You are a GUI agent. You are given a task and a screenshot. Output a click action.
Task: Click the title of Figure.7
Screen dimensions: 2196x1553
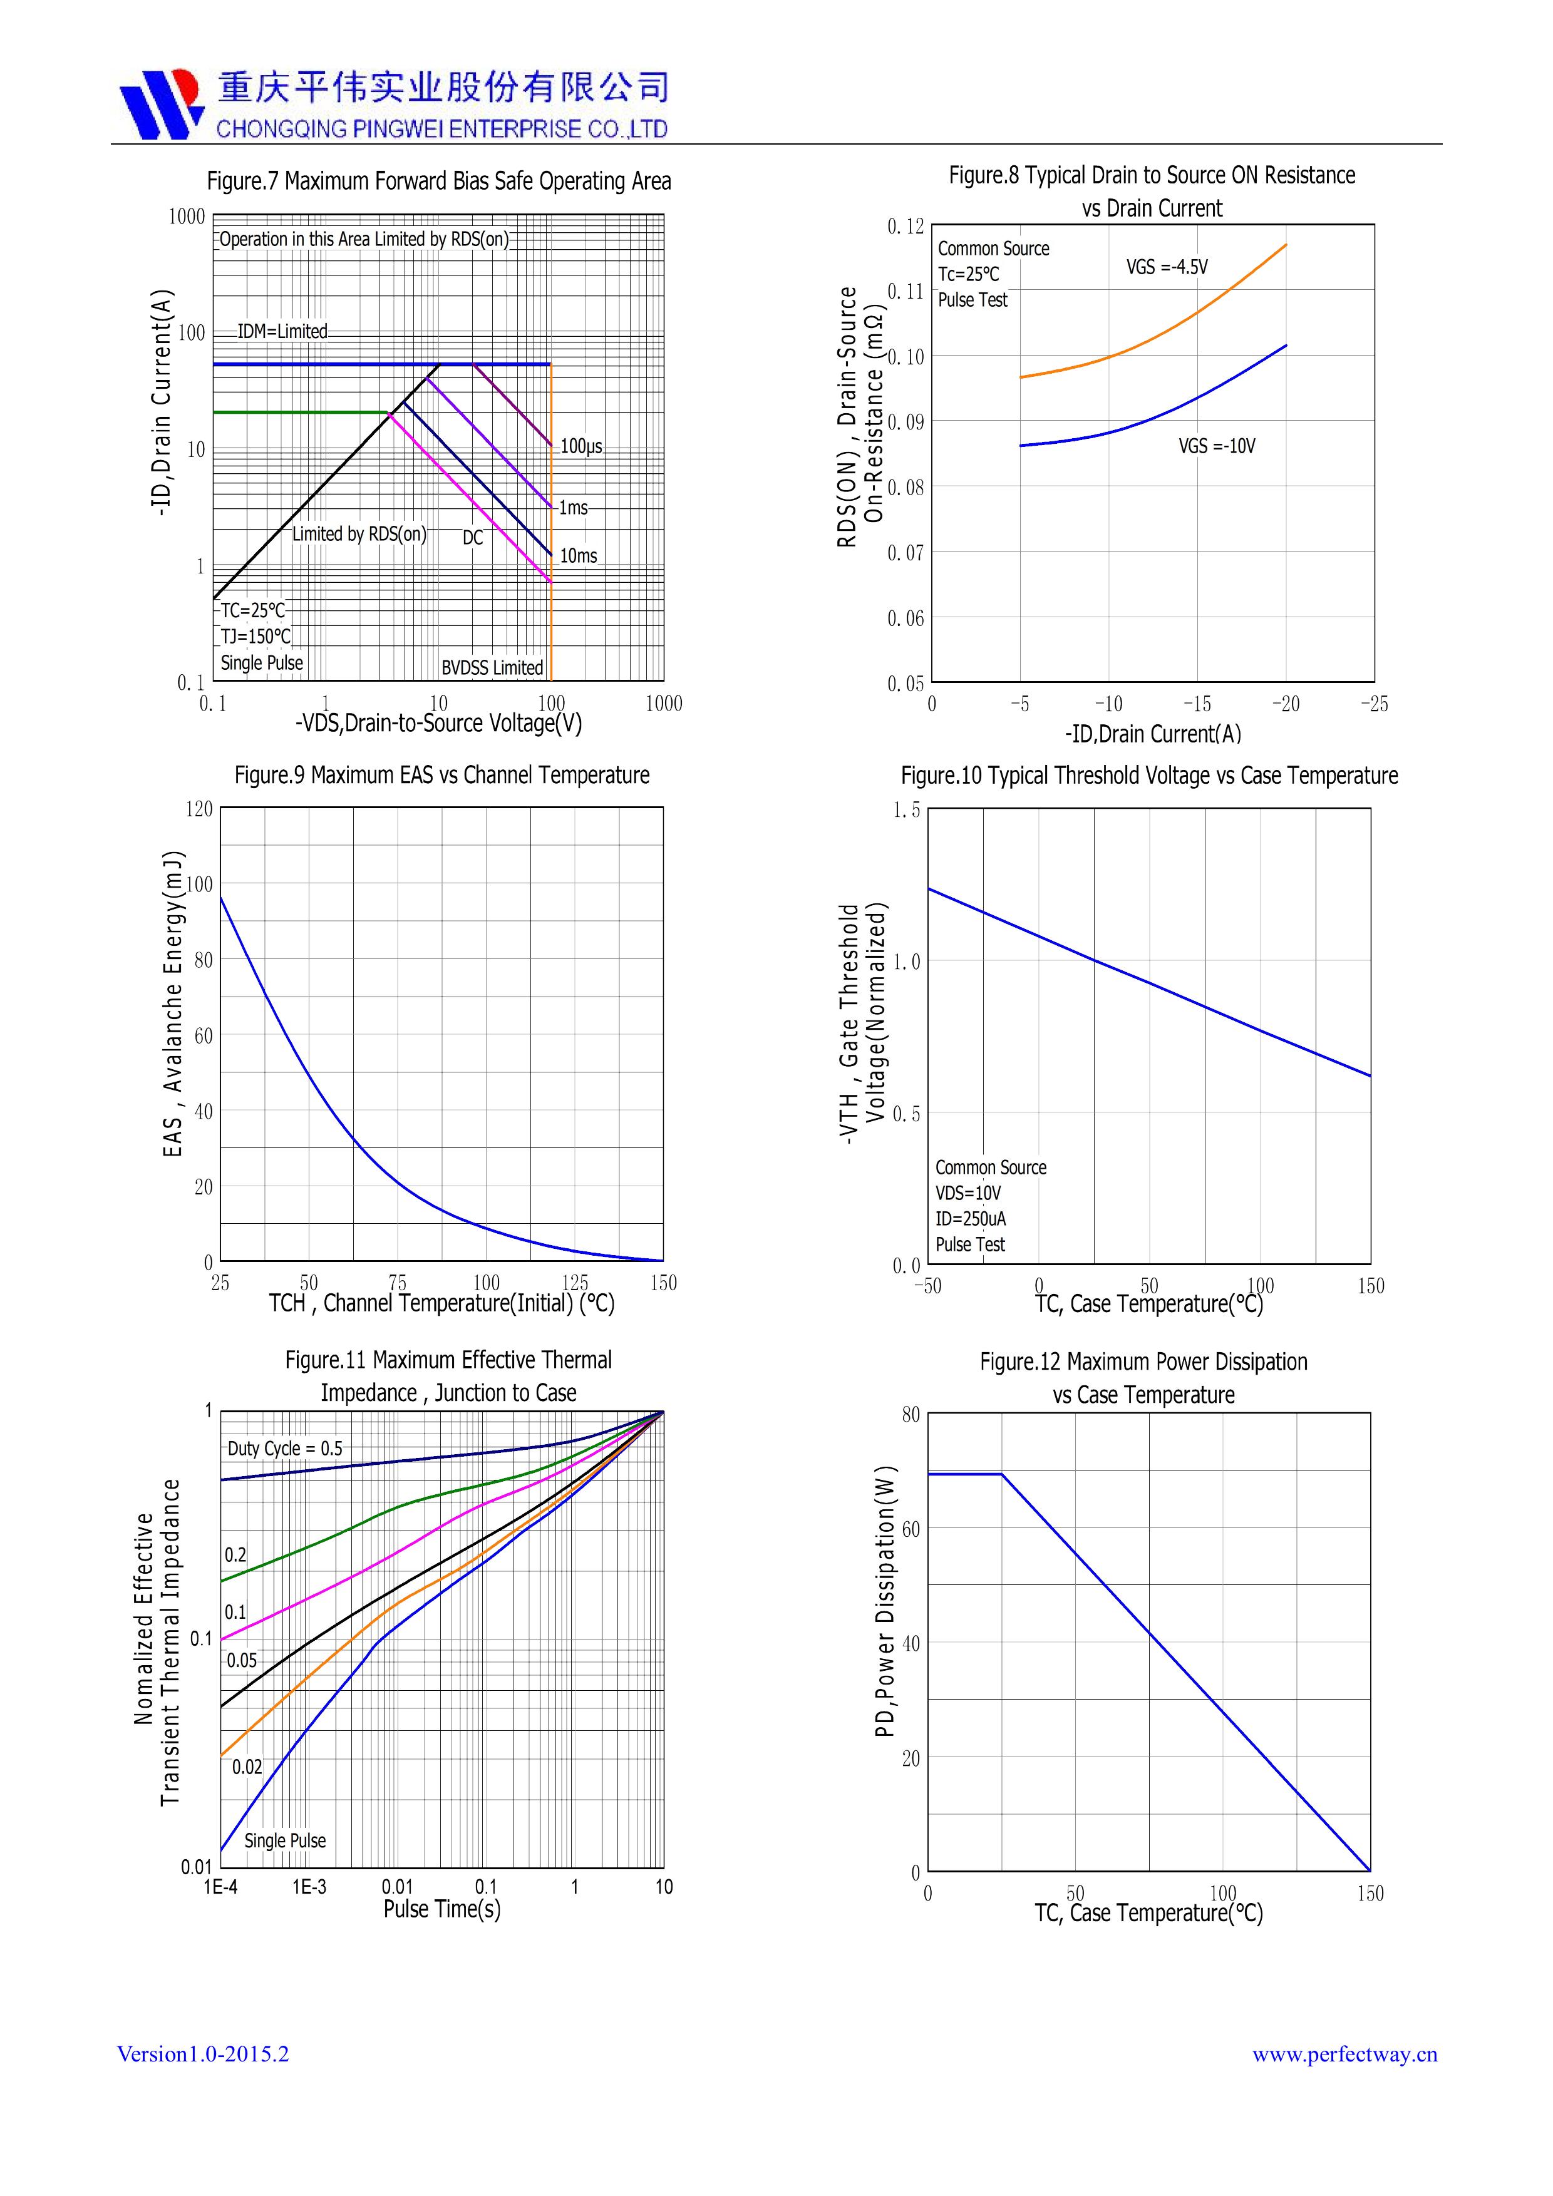[x=438, y=181]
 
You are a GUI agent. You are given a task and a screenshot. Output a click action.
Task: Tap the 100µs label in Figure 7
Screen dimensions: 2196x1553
[x=581, y=447]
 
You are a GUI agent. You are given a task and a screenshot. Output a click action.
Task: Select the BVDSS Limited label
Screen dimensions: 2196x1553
[x=492, y=667]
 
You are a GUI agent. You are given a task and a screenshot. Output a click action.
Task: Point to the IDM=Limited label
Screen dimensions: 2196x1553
[x=282, y=332]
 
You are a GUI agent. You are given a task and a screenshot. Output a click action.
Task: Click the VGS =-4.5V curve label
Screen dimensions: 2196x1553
[x=1167, y=268]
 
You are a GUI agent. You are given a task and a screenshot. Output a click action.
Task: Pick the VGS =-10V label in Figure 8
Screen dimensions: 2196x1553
[x=1216, y=446]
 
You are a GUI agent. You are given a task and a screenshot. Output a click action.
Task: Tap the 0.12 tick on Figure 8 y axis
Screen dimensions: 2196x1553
[x=905, y=227]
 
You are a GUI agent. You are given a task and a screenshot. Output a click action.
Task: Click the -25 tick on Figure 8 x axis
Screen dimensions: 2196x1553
[x=1374, y=704]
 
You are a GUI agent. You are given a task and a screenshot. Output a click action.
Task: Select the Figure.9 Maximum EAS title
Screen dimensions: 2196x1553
[x=441, y=775]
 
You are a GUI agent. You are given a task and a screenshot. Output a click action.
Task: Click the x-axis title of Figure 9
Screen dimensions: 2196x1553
[x=441, y=1303]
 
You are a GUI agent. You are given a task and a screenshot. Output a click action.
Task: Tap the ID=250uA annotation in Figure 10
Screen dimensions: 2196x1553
[x=970, y=1219]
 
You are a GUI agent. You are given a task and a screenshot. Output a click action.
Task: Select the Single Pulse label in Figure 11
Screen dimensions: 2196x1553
[x=284, y=1840]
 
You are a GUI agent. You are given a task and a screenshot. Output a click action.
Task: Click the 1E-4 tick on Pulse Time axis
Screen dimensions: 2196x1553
[x=220, y=1887]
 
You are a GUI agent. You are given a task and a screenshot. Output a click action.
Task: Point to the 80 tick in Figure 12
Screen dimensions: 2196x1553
[x=910, y=1415]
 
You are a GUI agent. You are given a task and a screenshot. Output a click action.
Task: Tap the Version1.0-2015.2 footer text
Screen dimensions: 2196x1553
[x=203, y=2055]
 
